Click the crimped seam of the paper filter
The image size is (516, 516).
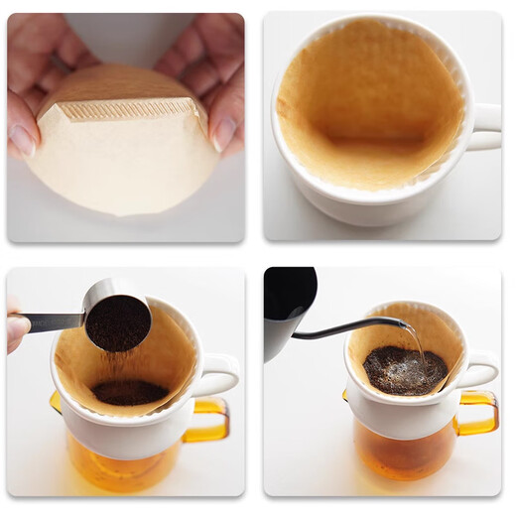(129, 109)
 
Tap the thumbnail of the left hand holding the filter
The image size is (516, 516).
(22, 139)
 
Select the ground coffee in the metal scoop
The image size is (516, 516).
(117, 322)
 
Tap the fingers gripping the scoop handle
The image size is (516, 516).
(17, 327)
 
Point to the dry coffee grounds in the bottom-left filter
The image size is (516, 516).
(129, 392)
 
